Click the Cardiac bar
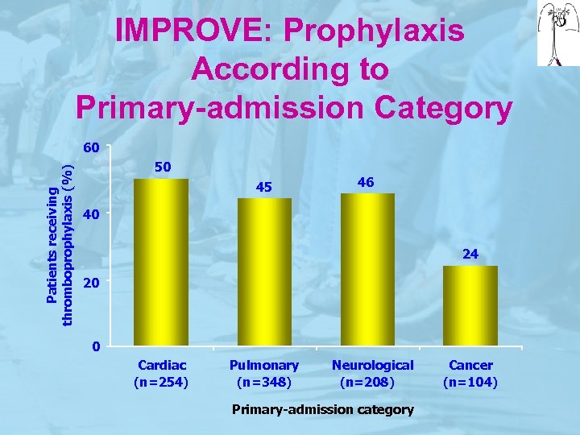click(x=160, y=262)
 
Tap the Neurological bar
click(x=367, y=270)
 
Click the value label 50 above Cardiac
click(x=162, y=167)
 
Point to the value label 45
click(x=264, y=188)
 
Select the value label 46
click(x=366, y=183)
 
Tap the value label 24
click(x=470, y=254)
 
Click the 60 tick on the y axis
click(x=91, y=148)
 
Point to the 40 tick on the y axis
click(x=91, y=215)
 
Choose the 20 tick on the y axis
click(x=91, y=283)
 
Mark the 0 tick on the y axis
click(x=95, y=348)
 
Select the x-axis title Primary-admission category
click(x=322, y=409)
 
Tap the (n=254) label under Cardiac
click(x=162, y=382)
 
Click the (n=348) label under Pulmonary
click(x=264, y=382)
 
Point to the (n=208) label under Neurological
click(x=367, y=382)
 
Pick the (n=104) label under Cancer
click(x=470, y=382)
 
